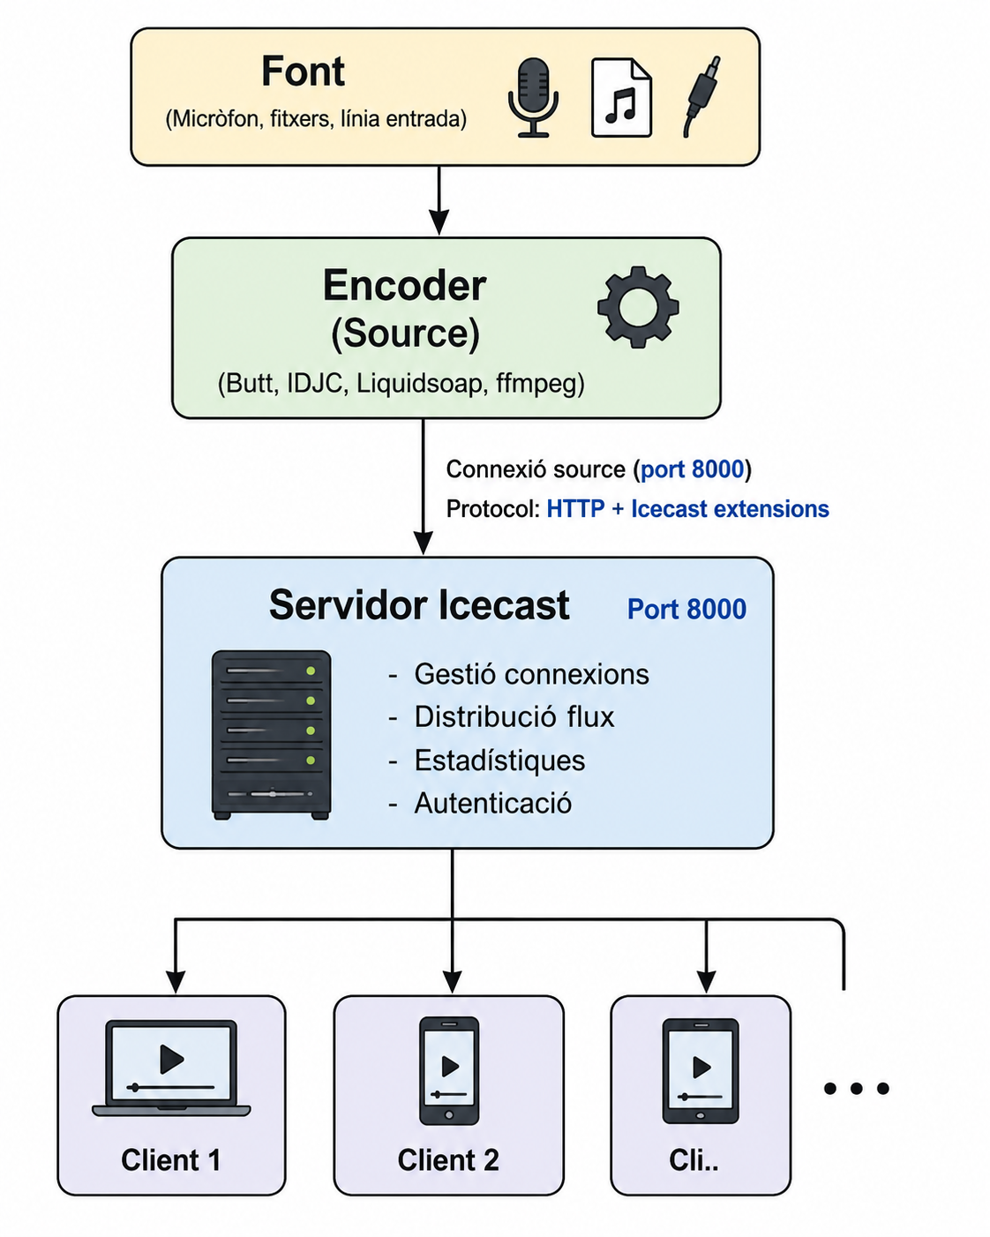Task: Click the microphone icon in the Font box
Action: [x=533, y=98]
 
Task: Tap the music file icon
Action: [x=621, y=98]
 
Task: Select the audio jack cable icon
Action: [x=702, y=96]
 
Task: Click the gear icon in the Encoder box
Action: [x=638, y=307]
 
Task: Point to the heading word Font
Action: [x=303, y=71]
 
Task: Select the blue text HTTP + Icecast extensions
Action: [x=687, y=509]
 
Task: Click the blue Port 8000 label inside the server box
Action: [x=686, y=610]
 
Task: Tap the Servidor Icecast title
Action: [x=419, y=605]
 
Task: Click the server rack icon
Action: [x=272, y=735]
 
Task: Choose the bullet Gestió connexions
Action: [x=519, y=674]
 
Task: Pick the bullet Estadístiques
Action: [x=486, y=761]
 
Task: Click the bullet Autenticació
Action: [x=480, y=804]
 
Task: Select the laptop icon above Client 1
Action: [x=171, y=1068]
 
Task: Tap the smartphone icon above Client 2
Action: [x=449, y=1071]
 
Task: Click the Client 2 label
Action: [x=448, y=1160]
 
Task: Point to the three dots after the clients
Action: [x=857, y=1088]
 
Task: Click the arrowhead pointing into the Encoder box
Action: [x=439, y=222]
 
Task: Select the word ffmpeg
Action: [x=540, y=384]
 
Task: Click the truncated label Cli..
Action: [x=694, y=1160]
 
